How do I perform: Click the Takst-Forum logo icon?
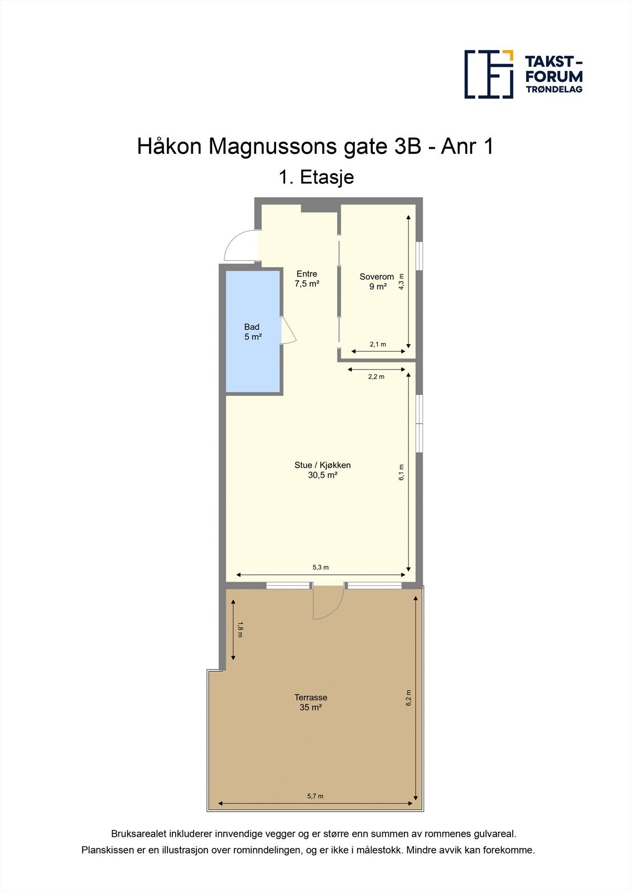pyautogui.click(x=489, y=74)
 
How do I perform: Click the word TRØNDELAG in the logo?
pyautogui.click(x=554, y=89)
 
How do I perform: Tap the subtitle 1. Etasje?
pyautogui.click(x=316, y=177)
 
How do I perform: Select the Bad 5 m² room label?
pyautogui.click(x=252, y=332)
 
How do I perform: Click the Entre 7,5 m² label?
pyautogui.click(x=307, y=278)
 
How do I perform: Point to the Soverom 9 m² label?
pyautogui.click(x=377, y=282)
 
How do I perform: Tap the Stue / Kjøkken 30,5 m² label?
pyautogui.click(x=322, y=470)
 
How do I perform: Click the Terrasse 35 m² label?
pyautogui.click(x=311, y=702)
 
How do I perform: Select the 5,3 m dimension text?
pyautogui.click(x=320, y=568)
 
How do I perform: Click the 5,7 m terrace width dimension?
pyautogui.click(x=315, y=796)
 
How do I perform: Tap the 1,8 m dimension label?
pyautogui.click(x=240, y=629)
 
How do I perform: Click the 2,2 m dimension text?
pyautogui.click(x=376, y=377)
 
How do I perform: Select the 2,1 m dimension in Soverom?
pyautogui.click(x=378, y=345)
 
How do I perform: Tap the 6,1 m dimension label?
pyautogui.click(x=401, y=472)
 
